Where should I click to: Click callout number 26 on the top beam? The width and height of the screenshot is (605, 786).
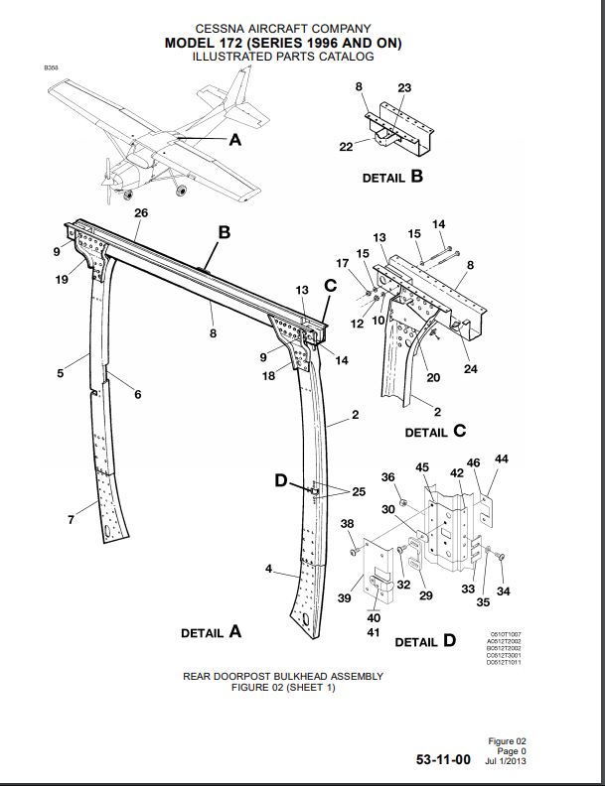coord(140,213)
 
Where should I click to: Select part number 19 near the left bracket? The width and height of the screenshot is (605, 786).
coord(62,279)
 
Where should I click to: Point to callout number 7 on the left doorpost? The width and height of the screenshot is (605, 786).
coord(71,520)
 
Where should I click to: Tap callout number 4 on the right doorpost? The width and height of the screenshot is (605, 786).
coord(268,569)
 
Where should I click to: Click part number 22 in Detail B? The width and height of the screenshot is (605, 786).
coord(346,147)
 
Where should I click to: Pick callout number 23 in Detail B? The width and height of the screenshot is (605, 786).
coord(404,87)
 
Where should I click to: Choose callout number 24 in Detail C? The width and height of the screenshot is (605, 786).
coord(471,370)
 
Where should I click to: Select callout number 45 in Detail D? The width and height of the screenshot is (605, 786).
coord(422,467)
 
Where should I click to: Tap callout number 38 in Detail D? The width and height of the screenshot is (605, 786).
coord(347,523)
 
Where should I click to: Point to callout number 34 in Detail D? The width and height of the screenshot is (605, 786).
coord(502,592)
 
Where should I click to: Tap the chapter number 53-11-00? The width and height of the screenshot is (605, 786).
coord(443,760)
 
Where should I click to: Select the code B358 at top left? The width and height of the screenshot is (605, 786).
coord(51,67)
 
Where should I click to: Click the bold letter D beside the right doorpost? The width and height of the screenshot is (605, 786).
coord(281,481)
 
